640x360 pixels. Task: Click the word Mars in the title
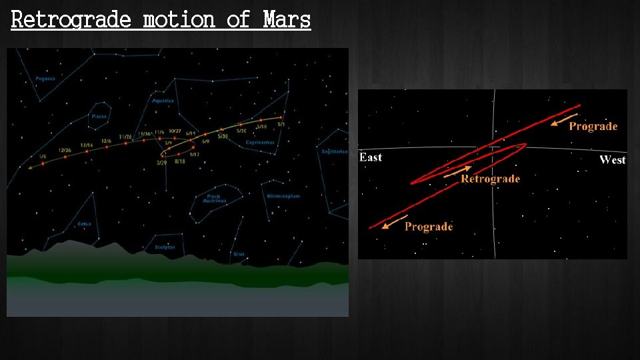click(287, 19)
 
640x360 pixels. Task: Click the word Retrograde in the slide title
click(71, 19)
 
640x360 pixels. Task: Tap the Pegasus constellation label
click(45, 79)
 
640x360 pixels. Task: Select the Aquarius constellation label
click(163, 101)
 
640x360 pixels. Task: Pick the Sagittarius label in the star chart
click(335, 151)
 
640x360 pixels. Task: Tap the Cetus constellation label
click(84, 224)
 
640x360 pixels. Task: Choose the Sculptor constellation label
click(165, 247)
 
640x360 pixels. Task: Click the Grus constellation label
click(239, 254)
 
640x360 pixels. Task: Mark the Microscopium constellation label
click(283, 196)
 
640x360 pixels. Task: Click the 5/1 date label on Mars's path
click(281, 125)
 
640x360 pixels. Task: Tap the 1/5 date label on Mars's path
click(43, 157)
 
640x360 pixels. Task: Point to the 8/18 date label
click(179, 161)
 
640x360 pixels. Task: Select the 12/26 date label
click(65, 150)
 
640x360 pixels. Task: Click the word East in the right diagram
click(371, 157)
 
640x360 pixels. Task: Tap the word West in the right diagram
click(612, 159)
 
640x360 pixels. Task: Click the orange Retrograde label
click(490, 179)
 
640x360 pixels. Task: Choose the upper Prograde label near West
click(593, 127)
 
